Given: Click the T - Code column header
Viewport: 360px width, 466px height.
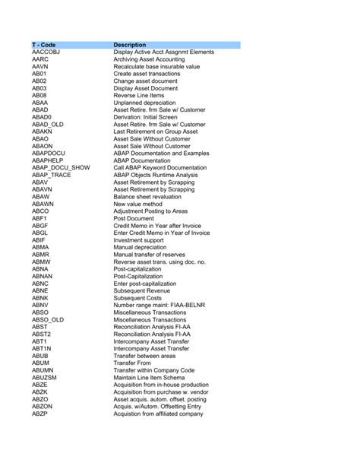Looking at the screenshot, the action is click(x=43, y=45).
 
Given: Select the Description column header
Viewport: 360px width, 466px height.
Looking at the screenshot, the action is click(x=130, y=45).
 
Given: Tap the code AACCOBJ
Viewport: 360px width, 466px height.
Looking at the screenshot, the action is click(x=49, y=52).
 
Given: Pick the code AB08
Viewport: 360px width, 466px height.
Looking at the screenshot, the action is click(x=39, y=95).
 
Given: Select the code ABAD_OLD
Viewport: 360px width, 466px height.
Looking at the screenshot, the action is click(x=48, y=124).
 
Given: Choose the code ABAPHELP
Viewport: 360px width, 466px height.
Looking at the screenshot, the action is click(x=48, y=160).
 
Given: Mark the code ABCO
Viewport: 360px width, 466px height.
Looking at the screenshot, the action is click(x=41, y=211).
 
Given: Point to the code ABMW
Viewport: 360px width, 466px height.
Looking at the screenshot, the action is click(x=41, y=262).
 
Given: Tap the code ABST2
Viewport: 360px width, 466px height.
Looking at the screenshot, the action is click(x=42, y=334).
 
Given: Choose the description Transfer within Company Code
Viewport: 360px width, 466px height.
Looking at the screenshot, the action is click(x=159, y=369).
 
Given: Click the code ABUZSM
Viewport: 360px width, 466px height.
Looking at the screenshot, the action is click(x=45, y=377).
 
